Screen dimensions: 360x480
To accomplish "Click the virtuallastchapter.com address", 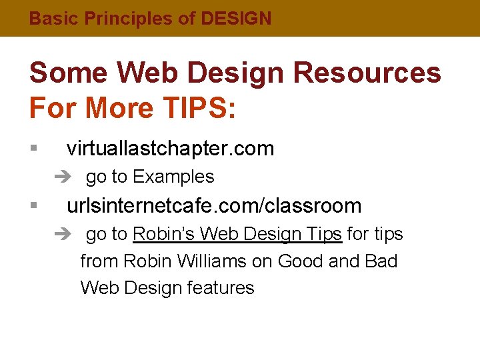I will point(170,149).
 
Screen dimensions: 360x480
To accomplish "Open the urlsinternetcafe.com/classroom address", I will point(214,206).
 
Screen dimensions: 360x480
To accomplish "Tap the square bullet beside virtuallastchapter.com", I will point(33,149).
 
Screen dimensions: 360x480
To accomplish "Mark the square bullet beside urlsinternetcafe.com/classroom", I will point(33,206).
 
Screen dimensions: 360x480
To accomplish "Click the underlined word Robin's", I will point(164,234).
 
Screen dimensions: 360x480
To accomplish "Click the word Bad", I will point(381,261).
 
